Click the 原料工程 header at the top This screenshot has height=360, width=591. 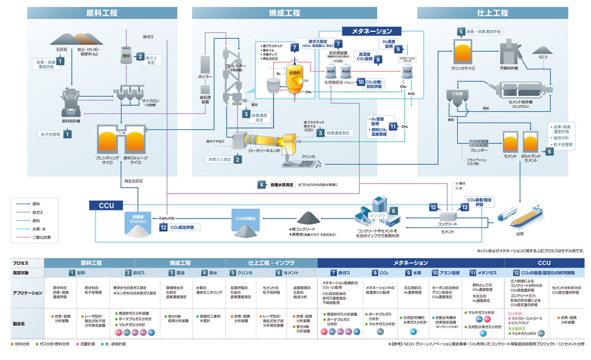tap(102, 12)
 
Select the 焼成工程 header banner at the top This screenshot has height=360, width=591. tap(284, 12)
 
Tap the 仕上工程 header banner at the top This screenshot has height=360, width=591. tap(492, 12)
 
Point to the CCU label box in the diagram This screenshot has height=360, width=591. tap(106, 205)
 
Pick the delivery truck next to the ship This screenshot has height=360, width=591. tap(506, 214)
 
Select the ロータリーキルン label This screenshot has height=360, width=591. tap(264, 151)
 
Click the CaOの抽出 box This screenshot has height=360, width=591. tap(249, 218)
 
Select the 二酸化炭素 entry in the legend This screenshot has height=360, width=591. tap(42, 237)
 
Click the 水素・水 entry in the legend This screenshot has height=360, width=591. tap(40, 229)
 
